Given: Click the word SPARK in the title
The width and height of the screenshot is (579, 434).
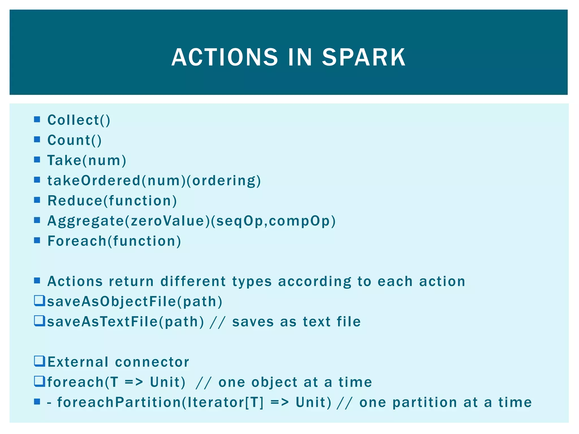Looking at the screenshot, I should (x=364, y=57).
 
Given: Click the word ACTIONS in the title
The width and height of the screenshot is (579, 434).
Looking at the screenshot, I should (x=225, y=57).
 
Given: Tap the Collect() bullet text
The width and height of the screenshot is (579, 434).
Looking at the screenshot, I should (x=79, y=120).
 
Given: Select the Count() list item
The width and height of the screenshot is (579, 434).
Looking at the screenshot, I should (x=74, y=140).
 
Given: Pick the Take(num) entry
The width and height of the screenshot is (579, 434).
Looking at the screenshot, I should (x=87, y=160).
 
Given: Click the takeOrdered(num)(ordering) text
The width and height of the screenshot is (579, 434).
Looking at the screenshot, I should (x=154, y=181).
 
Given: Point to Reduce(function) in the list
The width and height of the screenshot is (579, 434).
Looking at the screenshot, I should (x=112, y=201).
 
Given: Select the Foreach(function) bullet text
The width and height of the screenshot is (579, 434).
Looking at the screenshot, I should (x=114, y=241).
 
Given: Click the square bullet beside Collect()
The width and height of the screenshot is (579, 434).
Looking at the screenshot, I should (x=37, y=119).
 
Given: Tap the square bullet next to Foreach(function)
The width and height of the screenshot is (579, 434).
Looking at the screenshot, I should (x=37, y=240).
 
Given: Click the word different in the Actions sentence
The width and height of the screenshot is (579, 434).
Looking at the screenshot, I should (x=193, y=281).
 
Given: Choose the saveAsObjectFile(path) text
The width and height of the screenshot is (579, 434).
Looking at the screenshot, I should (x=135, y=301).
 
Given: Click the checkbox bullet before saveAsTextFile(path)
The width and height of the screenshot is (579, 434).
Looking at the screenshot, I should (x=39, y=321).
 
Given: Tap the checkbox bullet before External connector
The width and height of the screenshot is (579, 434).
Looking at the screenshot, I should (x=39, y=361).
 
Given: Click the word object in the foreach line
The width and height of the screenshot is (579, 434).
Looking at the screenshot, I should (x=274, y=383).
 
